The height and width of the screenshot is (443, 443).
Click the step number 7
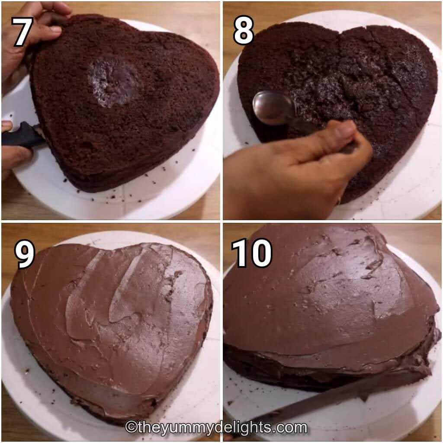(22, 31)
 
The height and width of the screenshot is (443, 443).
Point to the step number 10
(251, 253)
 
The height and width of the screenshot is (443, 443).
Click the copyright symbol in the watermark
(131, 427)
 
